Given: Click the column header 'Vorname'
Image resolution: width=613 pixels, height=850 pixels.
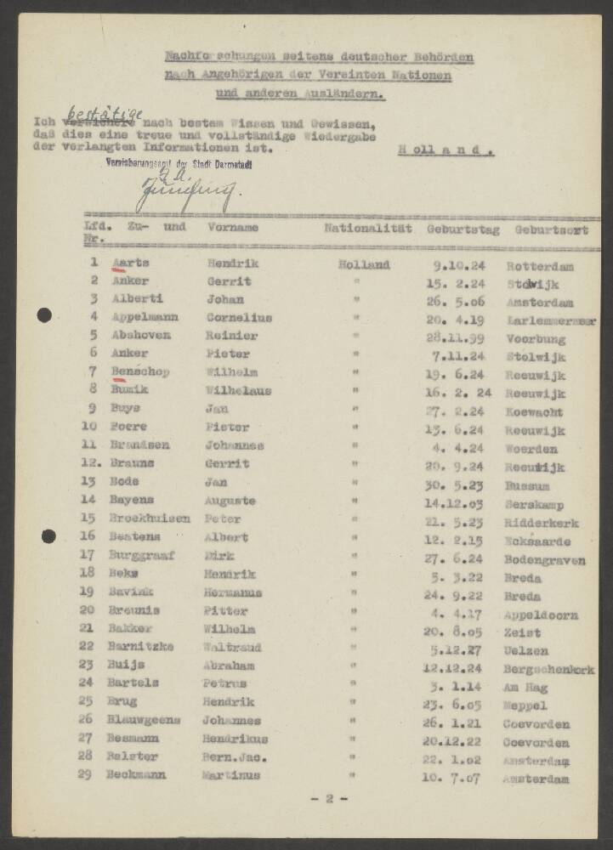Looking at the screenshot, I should tap(233, 228).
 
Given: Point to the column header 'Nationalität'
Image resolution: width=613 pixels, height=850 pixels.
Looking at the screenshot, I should tap(367, 228).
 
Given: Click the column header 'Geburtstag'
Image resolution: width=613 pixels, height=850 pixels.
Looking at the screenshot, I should tap(462, 229).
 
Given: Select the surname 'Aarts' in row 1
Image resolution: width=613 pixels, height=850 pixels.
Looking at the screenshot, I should tap(130, 263).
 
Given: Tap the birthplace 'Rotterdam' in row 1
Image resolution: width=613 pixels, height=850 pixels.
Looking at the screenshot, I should tap(539, 266).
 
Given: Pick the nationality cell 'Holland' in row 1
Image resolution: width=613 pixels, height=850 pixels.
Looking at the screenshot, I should tap(364, 264).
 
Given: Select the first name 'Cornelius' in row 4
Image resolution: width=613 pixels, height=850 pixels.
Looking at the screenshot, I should tap(239, 317).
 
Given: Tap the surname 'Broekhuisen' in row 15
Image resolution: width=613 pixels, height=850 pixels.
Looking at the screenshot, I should tap(148, 518).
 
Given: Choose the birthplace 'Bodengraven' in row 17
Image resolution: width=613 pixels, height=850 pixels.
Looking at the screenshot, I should tap(544, 560).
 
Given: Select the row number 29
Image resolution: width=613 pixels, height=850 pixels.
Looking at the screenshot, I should tap(86, 774).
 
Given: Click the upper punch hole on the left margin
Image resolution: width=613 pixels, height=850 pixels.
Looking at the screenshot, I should tap(44, 315).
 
